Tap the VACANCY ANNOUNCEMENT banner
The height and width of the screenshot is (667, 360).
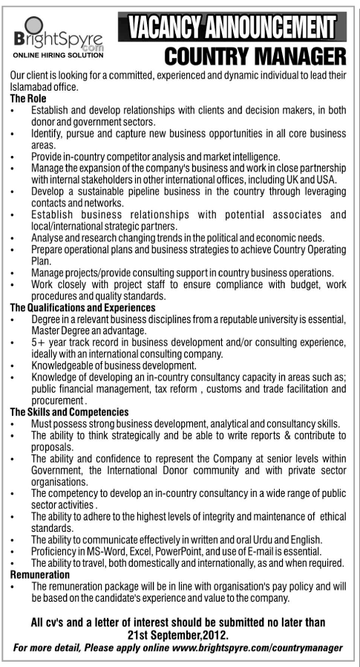point(228,27)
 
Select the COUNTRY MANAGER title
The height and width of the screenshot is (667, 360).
point(255,56)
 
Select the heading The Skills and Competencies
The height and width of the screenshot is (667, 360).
point(80,411)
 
